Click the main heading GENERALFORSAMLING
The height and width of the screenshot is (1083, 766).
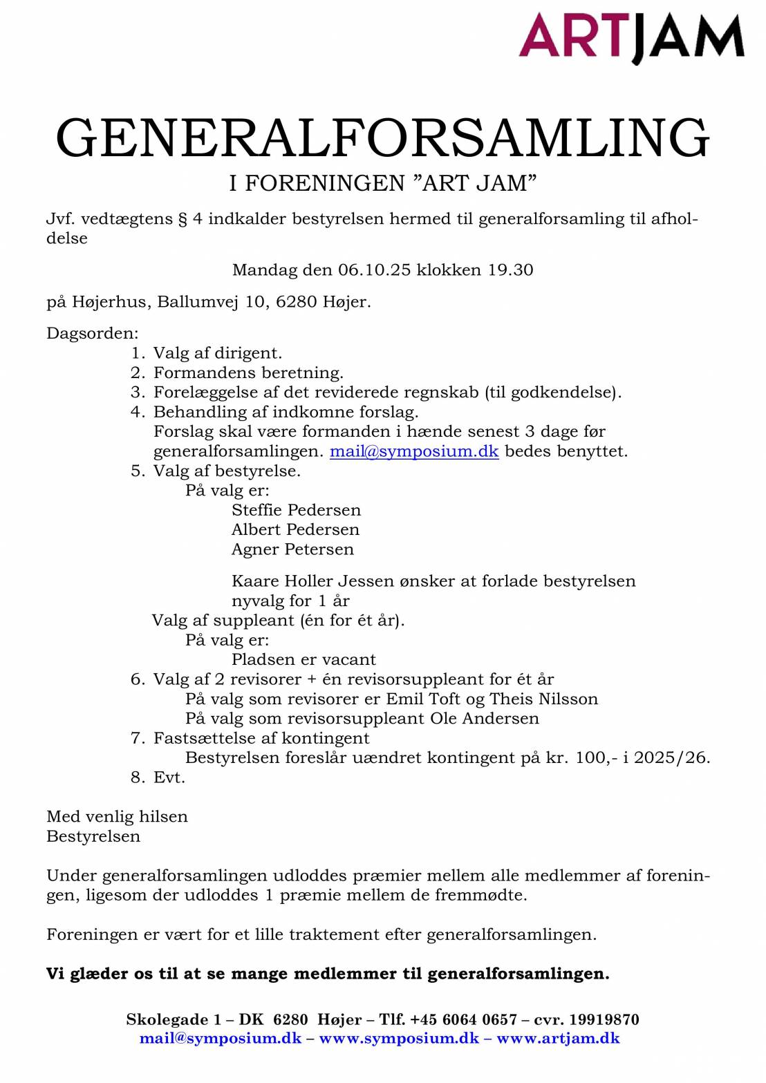point(382,138)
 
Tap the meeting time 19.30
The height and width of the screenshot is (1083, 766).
point(510,270)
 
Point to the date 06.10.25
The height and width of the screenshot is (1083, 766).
point(374,270)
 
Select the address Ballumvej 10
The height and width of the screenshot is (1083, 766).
point(212,302)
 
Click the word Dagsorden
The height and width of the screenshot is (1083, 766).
point(92,333)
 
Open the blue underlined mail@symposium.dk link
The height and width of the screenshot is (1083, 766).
point(413,451)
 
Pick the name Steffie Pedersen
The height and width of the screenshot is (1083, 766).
point(296,510)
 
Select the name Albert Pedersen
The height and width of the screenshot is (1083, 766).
point(295,529)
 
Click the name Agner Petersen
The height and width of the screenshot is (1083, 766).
point(292,549)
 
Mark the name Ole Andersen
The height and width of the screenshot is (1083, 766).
point(484,718)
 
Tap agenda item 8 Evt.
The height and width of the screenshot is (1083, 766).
point(169,778)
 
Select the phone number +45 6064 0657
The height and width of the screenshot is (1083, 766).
point(463,1019)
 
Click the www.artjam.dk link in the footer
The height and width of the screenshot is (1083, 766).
point(558,1038)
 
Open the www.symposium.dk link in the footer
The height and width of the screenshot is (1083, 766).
point(399,1038)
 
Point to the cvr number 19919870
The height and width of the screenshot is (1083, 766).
point(605,1019)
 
